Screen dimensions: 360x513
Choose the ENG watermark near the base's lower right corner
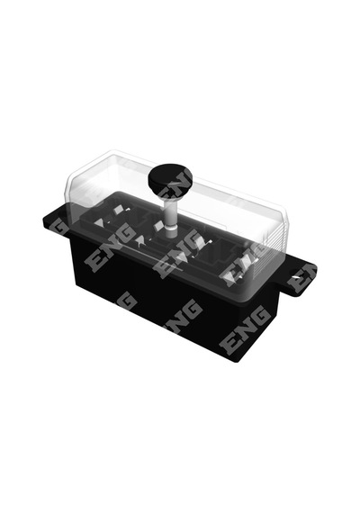click(246, 328)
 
